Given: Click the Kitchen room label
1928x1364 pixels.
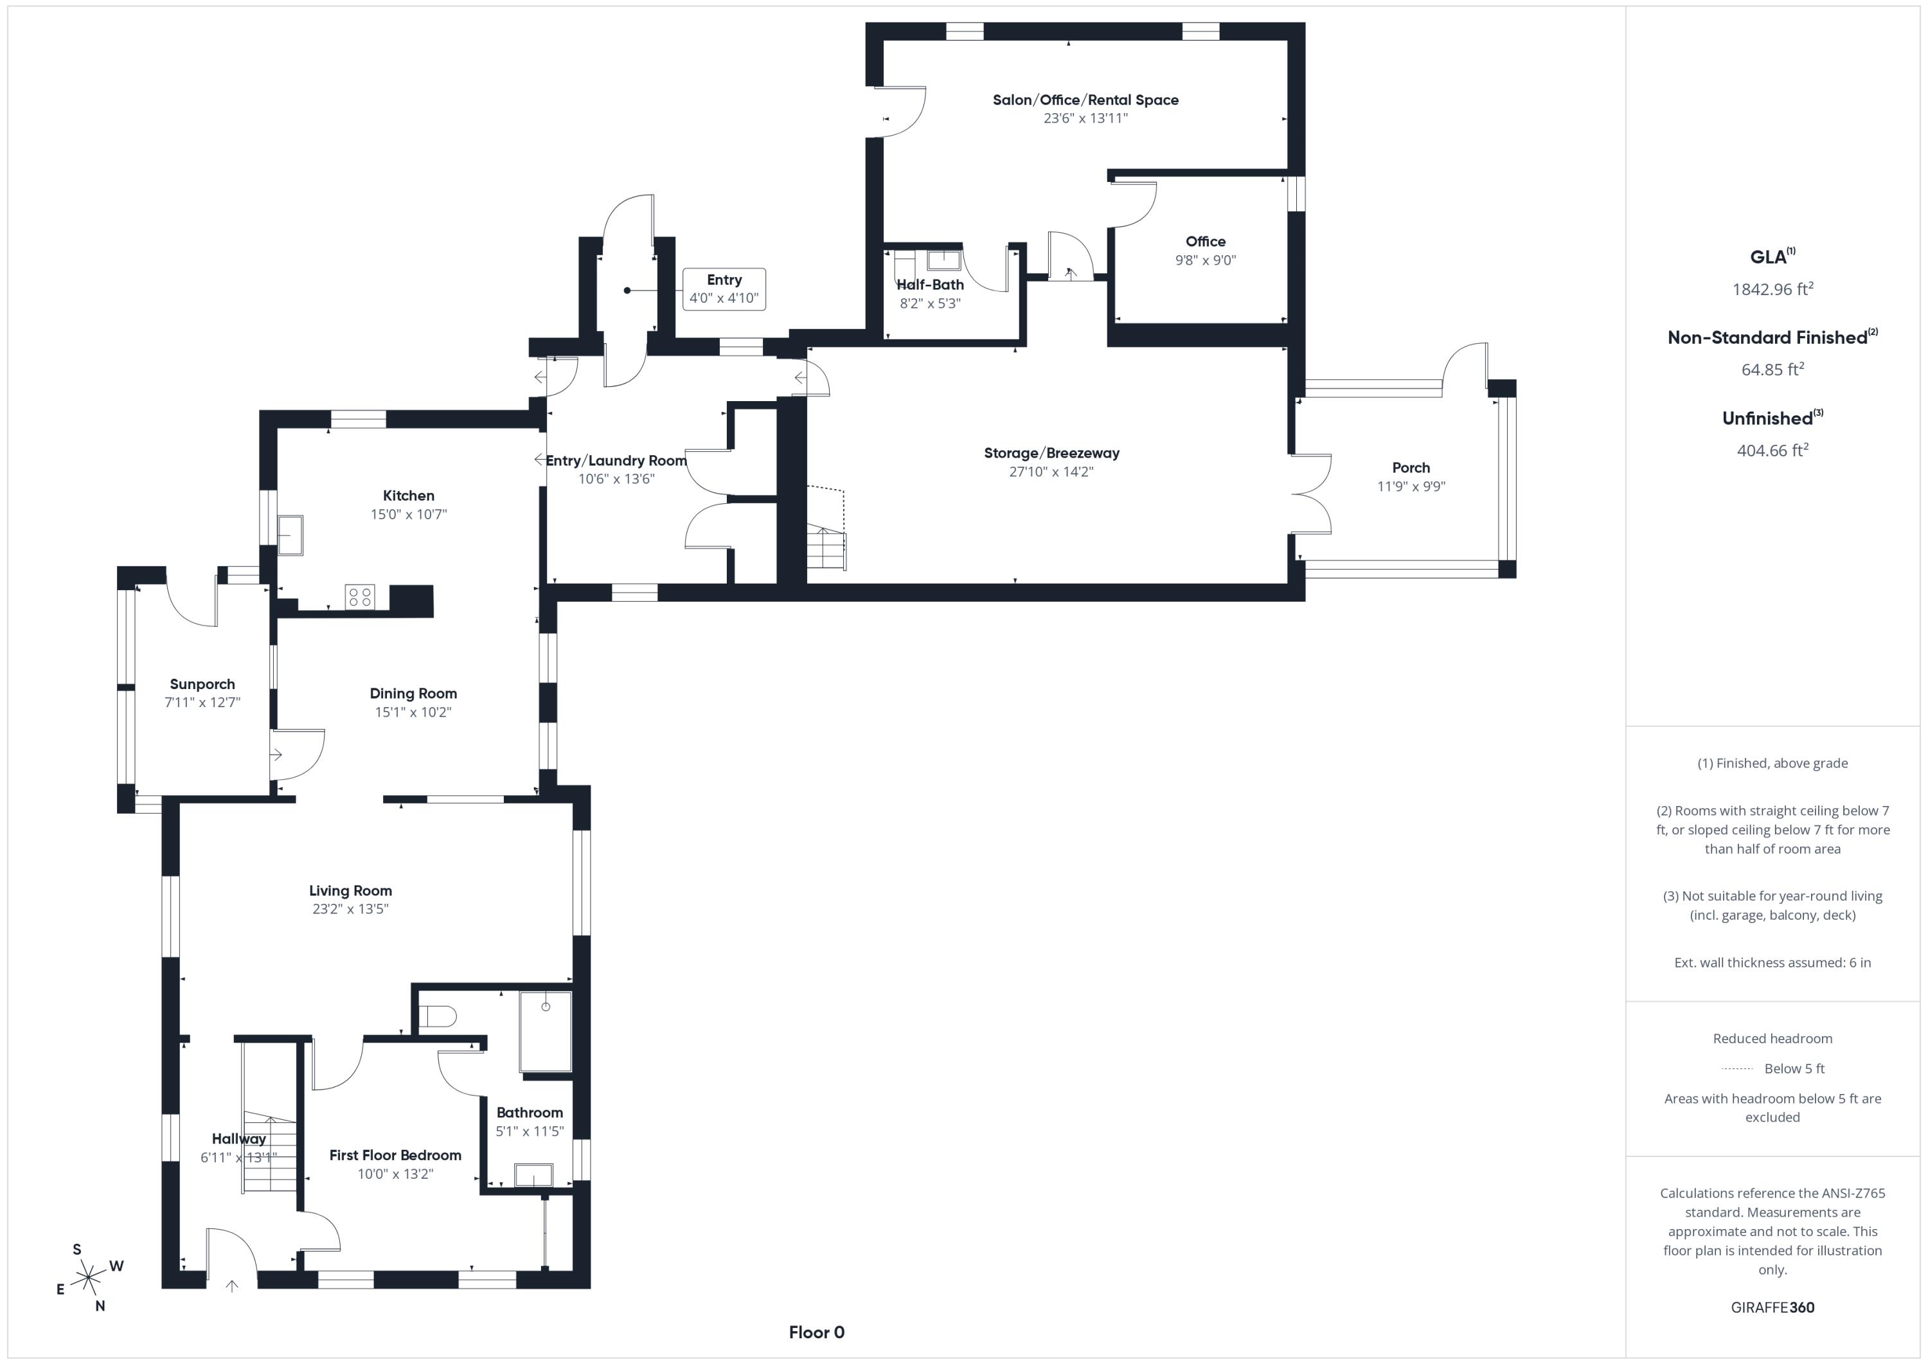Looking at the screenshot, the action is click(408, 496).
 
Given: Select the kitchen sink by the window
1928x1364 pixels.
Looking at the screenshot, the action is click(290, 535).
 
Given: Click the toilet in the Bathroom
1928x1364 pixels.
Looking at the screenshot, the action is click(436, 1017).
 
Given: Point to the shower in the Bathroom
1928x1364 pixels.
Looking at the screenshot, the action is click(546, 1032).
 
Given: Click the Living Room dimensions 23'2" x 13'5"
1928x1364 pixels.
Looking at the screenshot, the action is click(350, 909).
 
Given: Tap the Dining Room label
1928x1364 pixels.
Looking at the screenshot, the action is click(413, 694).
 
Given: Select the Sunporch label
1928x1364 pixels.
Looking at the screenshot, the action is click(202, 685).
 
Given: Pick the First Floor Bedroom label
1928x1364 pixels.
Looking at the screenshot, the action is click(395, 1156).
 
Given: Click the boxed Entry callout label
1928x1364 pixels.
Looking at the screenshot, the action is click(724, 289).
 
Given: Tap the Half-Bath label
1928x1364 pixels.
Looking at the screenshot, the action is click(931, 285).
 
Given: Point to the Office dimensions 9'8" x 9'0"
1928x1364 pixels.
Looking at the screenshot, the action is click(1206, 260).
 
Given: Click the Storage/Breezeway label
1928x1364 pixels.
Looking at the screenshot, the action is click(1051, 454).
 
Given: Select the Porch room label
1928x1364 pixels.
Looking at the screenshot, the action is click(1411, 468).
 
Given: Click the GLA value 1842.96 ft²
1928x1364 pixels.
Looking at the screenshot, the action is click(1772, 289).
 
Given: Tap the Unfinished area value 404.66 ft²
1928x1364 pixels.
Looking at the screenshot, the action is click(1772, 450).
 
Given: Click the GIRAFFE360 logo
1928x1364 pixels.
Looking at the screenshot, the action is click(1772, 1307).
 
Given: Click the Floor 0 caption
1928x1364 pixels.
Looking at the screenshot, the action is click(816, 1333).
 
